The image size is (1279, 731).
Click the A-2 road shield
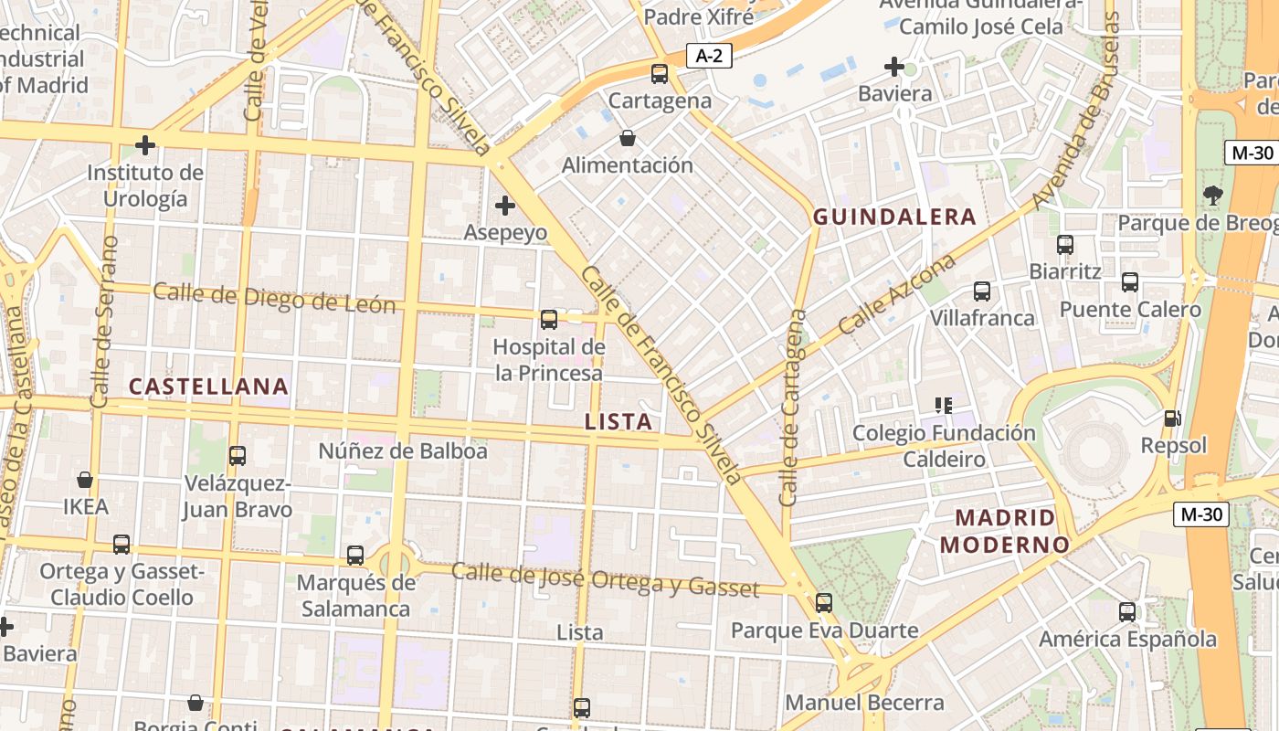pos(709,56)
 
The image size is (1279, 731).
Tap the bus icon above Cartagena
pos(660,74)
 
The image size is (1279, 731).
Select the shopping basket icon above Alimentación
pos(628,139)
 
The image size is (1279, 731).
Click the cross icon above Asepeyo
pos(504,206)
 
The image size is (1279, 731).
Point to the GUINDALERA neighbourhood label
pos(895,217)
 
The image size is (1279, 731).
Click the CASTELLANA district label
pos(208,387)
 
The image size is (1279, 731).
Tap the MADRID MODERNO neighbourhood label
pos(1005,531)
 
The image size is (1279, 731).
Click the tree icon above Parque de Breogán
pos(1213,195)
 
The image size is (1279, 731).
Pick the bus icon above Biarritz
pos(1065,245)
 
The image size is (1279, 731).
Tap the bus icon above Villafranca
pos(982,291)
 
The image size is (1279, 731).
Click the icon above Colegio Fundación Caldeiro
pos(944,405)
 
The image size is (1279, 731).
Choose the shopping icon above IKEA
pos(85,480)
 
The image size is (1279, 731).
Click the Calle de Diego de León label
pos(274,298)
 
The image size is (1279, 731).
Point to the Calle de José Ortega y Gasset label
pos(605,579)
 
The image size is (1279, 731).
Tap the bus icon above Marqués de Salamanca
pos(355,555)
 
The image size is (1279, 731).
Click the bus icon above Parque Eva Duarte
pos(824,603)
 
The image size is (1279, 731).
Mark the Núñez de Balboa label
pos(403,450)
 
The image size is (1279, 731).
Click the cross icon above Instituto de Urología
pos(144,144)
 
